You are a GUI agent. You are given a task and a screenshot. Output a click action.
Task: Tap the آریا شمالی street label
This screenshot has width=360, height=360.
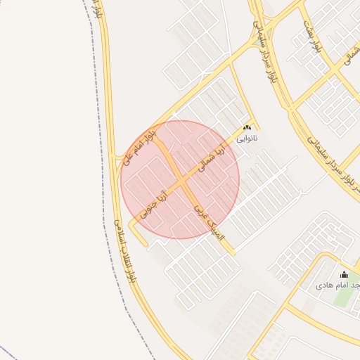click(215, 161)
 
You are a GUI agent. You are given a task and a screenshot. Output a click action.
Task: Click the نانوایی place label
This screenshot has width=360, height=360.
click(247, 139)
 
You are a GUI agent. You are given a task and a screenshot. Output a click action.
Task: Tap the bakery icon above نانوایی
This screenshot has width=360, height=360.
click(246, 128)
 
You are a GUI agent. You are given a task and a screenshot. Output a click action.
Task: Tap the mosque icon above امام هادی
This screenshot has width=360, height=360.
click(344, 274)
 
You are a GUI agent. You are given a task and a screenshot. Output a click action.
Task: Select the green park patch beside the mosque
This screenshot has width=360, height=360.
click(342, 295)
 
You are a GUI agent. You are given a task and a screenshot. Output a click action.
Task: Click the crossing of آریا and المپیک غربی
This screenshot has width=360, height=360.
click(181, 181)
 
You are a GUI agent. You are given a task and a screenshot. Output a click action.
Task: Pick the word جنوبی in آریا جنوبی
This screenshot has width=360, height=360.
click(150, 208)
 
